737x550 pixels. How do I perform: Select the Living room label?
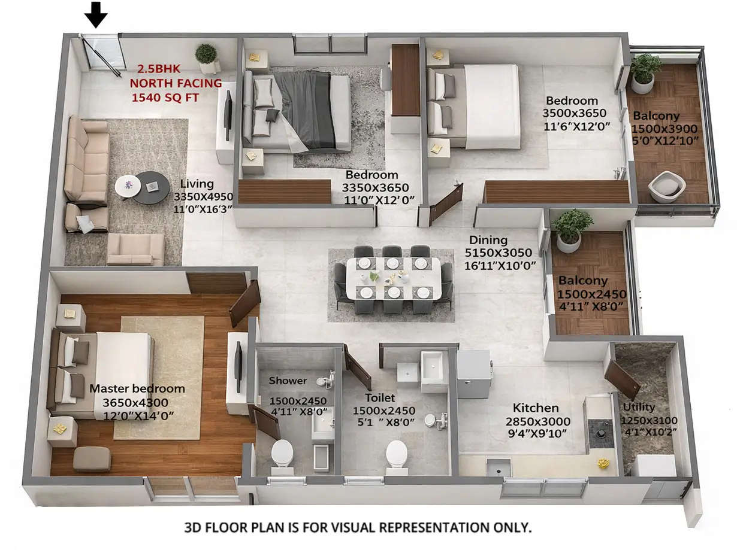[x=197, y=184]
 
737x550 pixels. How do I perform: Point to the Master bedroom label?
[x=137, y=389]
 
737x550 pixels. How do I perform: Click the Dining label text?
[x=488, y=240]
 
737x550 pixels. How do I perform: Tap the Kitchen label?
[x=536, y=408]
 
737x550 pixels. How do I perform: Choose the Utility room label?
[x=638, y=408]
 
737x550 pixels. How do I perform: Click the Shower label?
[x=288, y=381]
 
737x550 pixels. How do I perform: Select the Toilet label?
[x=380, y=397]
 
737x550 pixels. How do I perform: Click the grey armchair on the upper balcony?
[x=666, y=187]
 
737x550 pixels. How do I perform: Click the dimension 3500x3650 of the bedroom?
[x=574, y=113]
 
